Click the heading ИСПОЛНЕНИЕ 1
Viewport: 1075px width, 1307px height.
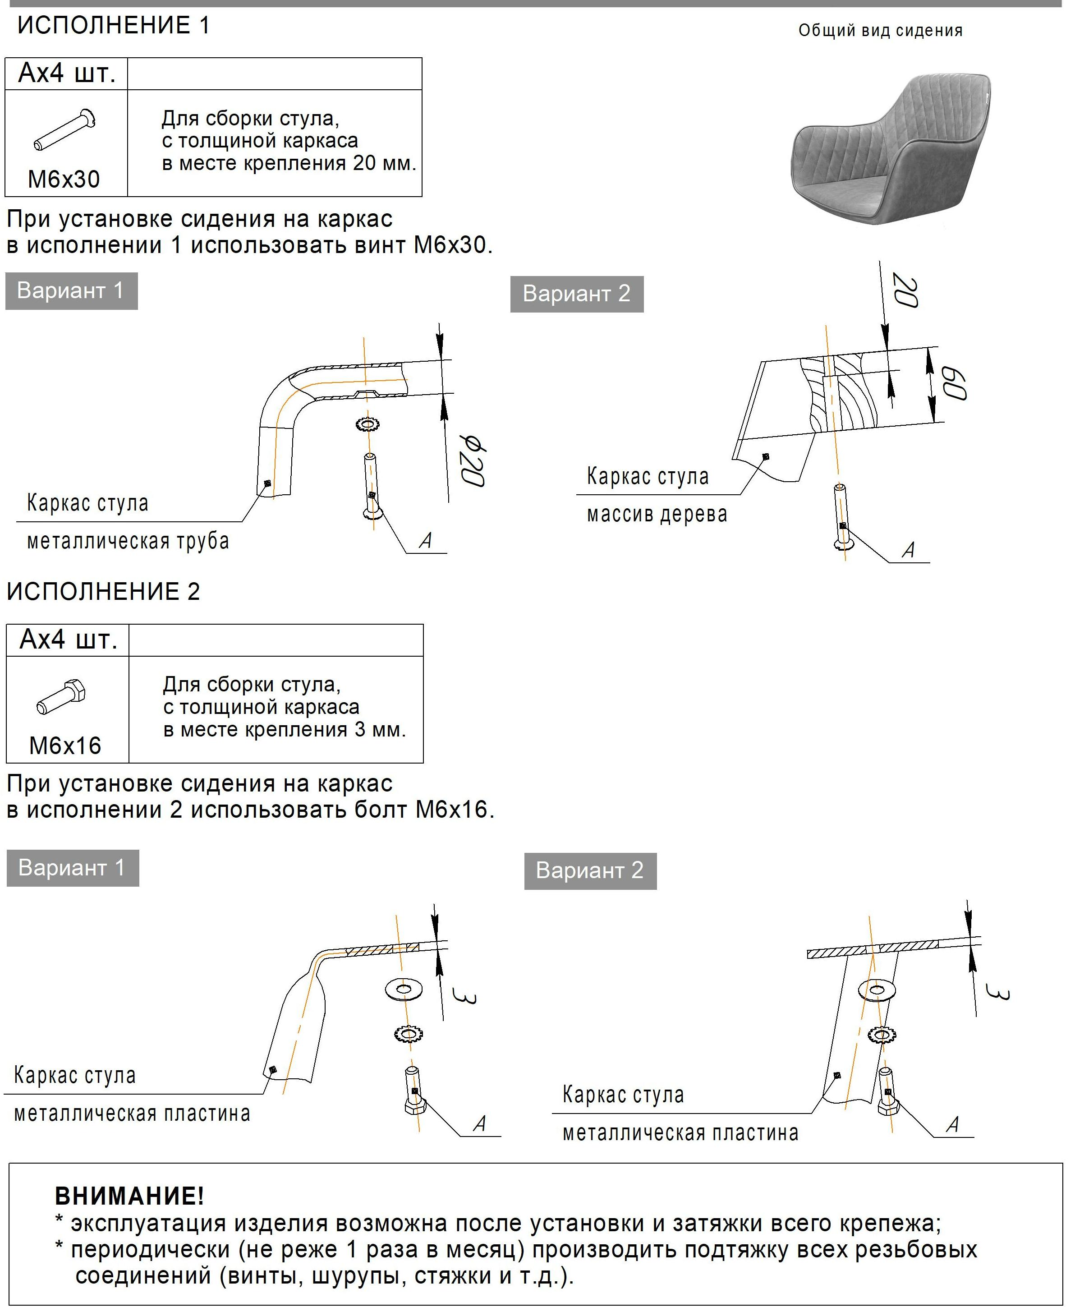(x=113, y=25)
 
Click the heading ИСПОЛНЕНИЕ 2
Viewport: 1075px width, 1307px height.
(x=103, y=592)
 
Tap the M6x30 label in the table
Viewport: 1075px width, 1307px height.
(x=64, y=179)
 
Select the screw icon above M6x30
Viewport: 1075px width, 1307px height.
(x=64, y=129)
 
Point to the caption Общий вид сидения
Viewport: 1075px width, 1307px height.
(x=880, y=30)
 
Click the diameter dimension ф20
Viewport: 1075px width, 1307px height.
(x=473, y=460)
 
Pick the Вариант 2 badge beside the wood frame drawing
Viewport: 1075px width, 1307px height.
(x=577, y=294)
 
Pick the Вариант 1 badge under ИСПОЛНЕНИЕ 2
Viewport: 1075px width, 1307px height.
(x=73, y=868)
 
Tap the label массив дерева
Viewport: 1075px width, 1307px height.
(x=657, y=514)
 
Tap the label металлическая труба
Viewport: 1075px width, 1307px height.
(x=128, y=541)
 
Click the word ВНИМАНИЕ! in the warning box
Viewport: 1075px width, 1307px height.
(x=129, y=1196)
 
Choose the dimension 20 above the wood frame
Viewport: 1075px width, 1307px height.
(x=905, y=290)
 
